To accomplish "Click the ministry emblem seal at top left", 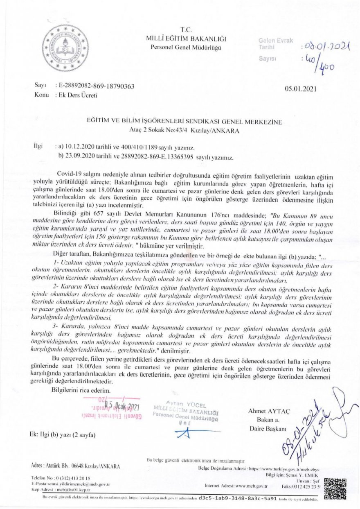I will [65, 48].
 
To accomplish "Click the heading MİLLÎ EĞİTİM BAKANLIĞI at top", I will [186, 39].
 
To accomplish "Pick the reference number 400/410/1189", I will [150, 147].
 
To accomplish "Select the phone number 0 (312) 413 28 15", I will [74, 478].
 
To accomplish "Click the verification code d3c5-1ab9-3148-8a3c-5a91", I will [238, 499].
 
